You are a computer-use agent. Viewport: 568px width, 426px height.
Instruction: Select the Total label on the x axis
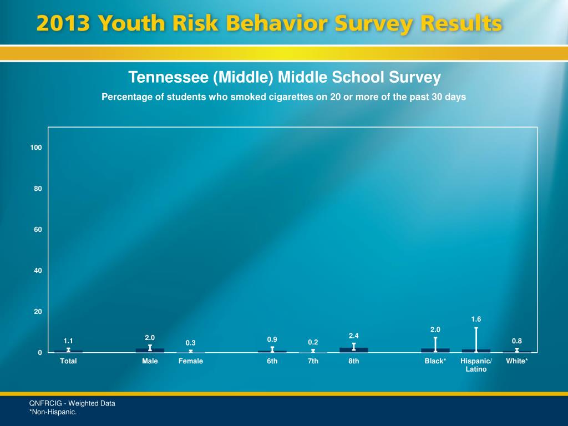[x=68, y=361]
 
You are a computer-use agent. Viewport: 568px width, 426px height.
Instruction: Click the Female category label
[x=191, y=361]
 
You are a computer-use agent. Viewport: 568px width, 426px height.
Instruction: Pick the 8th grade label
[x=354, y=361]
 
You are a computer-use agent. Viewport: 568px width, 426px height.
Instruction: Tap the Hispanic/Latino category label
[x=476, y=365]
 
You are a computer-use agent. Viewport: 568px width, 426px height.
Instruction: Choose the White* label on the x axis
[x=517, y=361]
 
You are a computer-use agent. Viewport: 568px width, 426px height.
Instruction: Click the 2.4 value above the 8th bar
[x=354, y=336]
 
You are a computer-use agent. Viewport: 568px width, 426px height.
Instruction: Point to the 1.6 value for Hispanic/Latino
[x=476, y=319]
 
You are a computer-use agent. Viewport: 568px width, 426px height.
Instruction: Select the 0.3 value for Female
[x=191, y=343]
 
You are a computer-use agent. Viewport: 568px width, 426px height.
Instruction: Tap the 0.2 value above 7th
[x=313, y=342]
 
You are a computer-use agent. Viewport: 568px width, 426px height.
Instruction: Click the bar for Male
[x=150, y=351]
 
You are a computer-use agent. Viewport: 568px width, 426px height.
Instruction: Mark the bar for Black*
[x=435, y=351]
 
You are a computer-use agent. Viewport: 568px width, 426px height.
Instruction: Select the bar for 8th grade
[x=354, y=350]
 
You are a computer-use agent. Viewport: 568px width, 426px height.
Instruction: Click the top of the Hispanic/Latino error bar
[x=476, y=328]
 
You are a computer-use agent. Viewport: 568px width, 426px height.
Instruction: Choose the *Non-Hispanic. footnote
[x=53, y=412]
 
